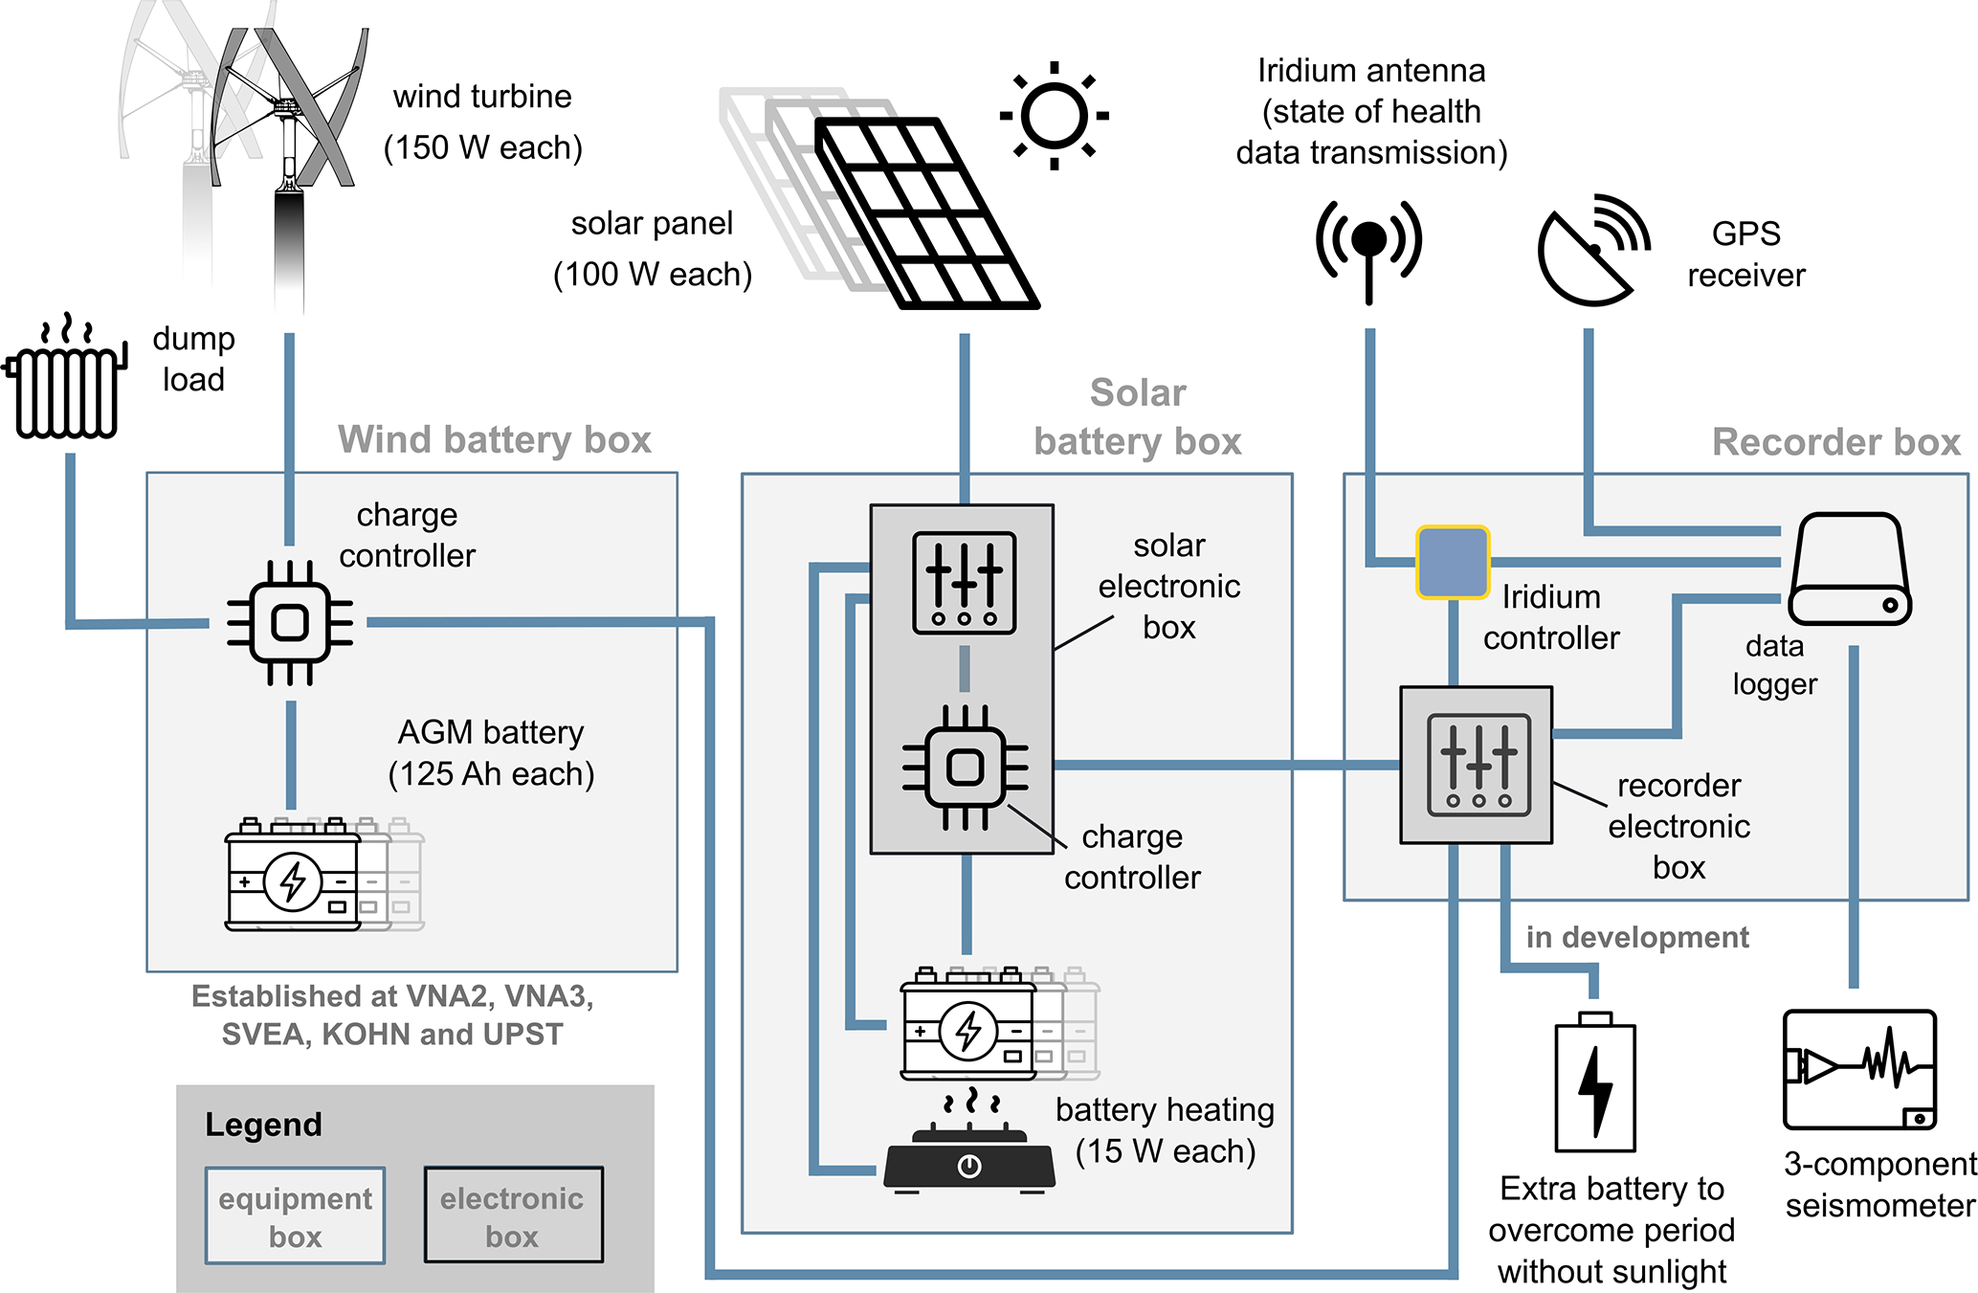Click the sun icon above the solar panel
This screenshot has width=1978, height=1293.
(x=1054, y=116)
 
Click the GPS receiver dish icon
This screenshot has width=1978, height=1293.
(x=1591, y=252)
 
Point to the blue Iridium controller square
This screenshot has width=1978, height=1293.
(x=1453, y=563)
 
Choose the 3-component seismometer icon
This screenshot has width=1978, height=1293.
(x=1859, y=1069)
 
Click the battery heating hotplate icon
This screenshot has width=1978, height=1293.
(x=968, y=1152)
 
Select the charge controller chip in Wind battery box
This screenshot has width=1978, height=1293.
(x=290, y=623)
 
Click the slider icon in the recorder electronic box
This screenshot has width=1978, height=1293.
(x=1478, y=765)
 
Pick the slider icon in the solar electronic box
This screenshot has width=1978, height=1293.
(x=964, y=583)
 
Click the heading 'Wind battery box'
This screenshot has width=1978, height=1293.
(x=494, y=440)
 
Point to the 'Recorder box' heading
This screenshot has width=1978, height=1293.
(x=1835, y=442)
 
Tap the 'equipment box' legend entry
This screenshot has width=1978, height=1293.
(x=295, y=1215)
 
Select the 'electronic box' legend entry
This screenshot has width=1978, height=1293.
(x=513, y=1215)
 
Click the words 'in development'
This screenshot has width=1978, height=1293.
(x=1636, y=937)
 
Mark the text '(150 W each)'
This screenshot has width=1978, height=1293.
(x=482, y=148)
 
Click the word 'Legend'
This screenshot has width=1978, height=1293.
(x=263, y=1125)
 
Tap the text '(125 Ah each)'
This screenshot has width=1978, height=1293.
(x=491, y=774)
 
